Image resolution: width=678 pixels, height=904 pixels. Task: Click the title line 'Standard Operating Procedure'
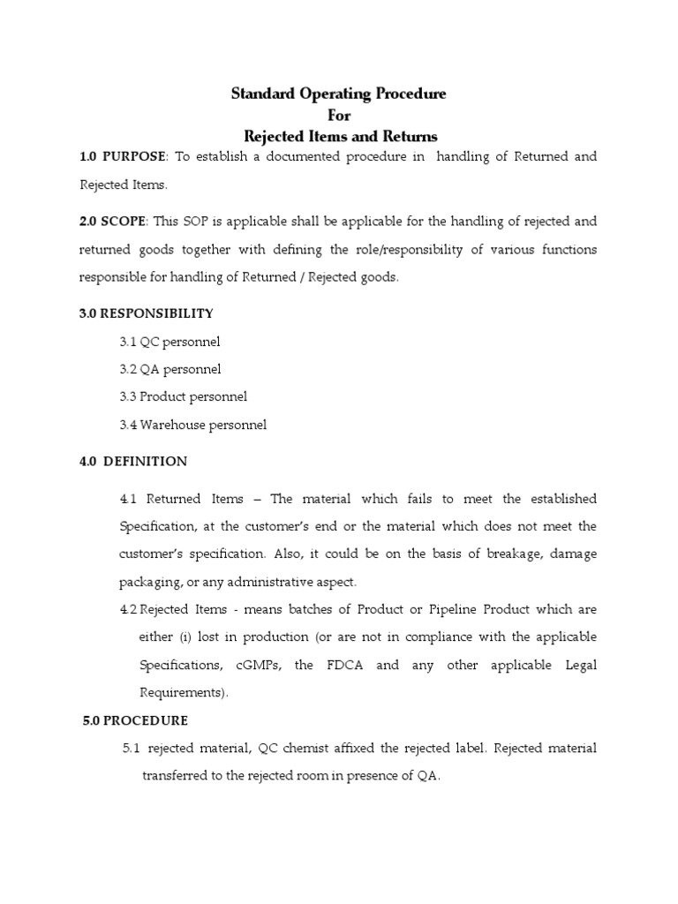click(x=339, y=94)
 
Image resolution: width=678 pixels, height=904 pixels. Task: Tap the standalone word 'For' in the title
click(x=339, y=115)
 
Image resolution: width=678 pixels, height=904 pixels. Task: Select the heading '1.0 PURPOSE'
click(x=123, y=156)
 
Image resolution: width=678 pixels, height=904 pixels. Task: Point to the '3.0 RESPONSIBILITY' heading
click(x=146, y=313)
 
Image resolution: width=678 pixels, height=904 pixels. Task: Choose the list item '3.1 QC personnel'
click(x=169, y=342)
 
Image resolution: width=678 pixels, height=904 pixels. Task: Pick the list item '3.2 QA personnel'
click(x=170, y=369)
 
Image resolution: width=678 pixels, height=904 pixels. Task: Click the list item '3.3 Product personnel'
click(x=184, y=396)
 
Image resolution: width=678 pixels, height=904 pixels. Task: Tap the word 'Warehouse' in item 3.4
click(x=171, y=425)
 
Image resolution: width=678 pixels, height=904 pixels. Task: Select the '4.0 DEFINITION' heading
click(x=133, y=461)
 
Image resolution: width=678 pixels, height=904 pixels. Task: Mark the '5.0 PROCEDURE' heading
click(x=134, y=720)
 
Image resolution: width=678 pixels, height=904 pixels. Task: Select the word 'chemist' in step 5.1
click(x=305, y=749)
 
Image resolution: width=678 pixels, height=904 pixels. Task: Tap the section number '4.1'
click(x=129, y=499)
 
